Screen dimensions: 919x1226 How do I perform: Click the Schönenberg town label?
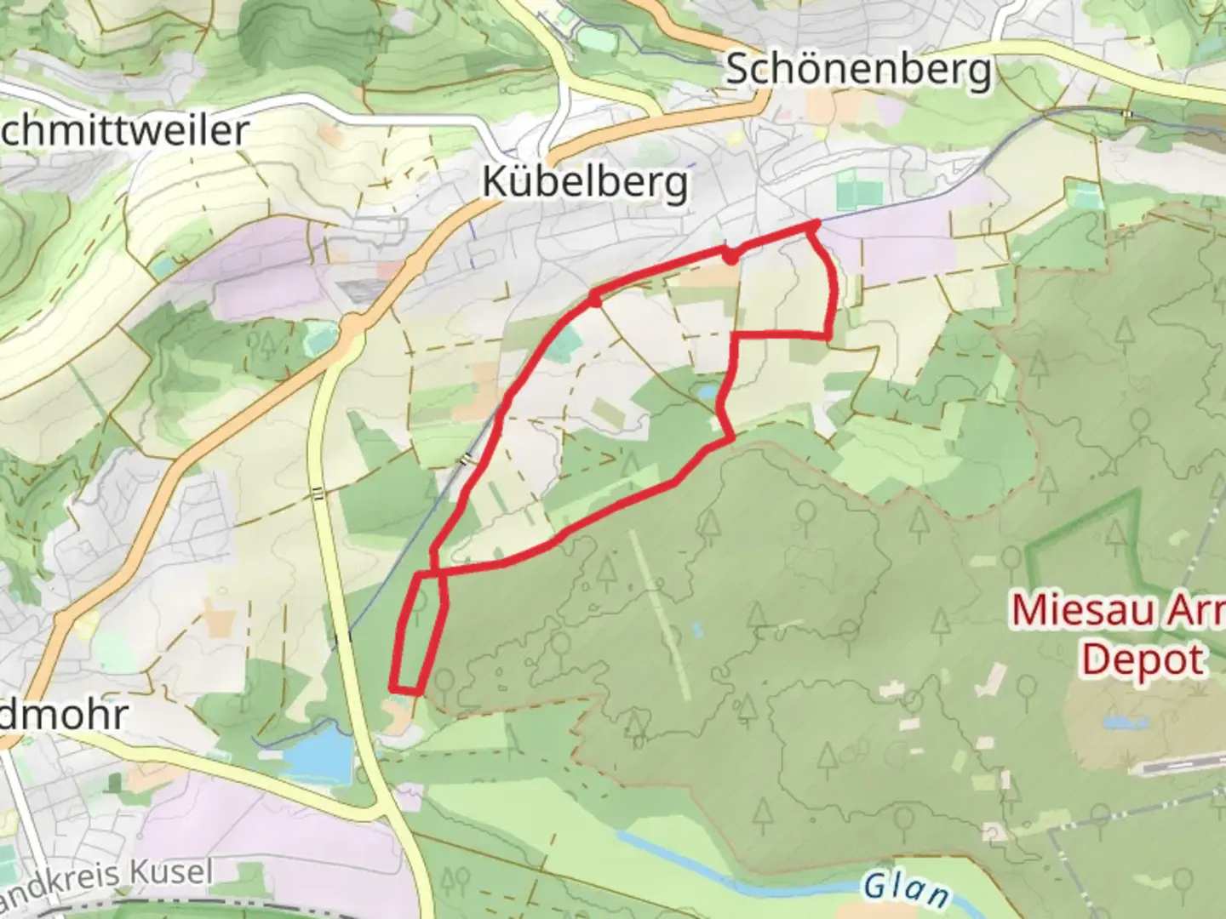(858, 70)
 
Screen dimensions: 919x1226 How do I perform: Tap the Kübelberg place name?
(585, 182)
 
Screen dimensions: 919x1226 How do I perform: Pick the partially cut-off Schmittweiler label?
(123, 131)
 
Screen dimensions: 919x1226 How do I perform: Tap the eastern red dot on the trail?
(730, 254)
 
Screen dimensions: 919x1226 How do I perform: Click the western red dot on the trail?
(595, 300)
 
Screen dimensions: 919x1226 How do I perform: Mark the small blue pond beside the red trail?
(706, 391)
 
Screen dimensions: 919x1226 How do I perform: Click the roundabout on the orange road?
(350, 325)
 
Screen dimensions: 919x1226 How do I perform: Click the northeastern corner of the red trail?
(814, 225)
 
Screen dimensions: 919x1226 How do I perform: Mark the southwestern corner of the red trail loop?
(392, 688)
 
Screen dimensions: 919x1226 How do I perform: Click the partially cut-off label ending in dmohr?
(64, 715)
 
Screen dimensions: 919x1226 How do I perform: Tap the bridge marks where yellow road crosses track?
(317, 493)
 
